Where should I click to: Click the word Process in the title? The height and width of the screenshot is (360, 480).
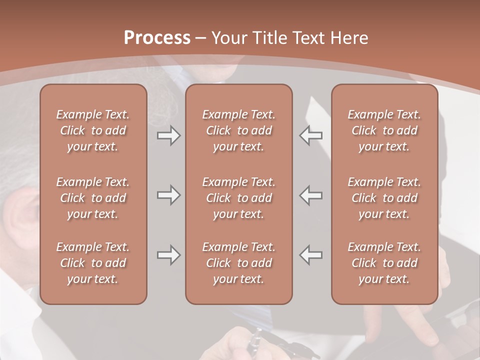pyautogui.click(x=157, y=38)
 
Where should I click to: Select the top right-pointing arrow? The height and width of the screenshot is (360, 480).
pyautogui.click(x=168, y=135)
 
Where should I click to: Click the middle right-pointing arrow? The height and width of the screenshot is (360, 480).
pyautogui.click(x=168, y=195)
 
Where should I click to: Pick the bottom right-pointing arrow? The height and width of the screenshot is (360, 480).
pyautogui.click(x=168, y=255)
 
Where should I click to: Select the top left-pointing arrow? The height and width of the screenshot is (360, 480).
pyautogui.click(x=311, y=135)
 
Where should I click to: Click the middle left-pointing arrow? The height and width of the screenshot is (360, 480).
pyautogui.click(x=311, y=195)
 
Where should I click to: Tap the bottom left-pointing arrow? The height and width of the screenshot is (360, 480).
pyautogui.click(x=311, y=255)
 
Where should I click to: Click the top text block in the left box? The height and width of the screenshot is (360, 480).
pyautogui.click(x=93, y=130)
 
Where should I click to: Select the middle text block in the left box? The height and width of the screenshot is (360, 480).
pyautogui.click(x=93, y=198)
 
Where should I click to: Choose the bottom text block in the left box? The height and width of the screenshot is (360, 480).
pyautogui.click(x=93, y=263)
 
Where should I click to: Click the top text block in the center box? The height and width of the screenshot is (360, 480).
pyautogui.click(x=238, y=130)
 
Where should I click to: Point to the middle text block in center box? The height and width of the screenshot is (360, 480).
pyautogui.click(x=238, y=198)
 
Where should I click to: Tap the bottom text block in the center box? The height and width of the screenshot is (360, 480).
pyautogui.click(x=238, y=263)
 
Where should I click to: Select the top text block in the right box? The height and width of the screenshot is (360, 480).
pyautogui.click(x=384, y=130)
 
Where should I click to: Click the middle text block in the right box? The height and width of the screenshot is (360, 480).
pyautogui.click(x=384, y=198)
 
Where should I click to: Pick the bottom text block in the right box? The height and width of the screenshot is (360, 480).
pyautogui.click(x=384, y=263)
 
